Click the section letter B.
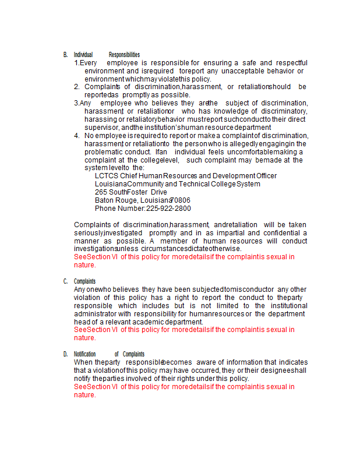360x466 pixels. coord(65,55)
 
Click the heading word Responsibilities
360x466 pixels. coord(124,55)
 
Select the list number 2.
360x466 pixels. coord(77,87)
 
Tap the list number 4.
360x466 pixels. coord(77,136)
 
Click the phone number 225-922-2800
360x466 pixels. coord(168,209)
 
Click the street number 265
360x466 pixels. coord(101,192)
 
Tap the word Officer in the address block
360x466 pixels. coord(266,176)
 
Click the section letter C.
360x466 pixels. coord(65,281)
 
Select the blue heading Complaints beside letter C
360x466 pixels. coord(85,281)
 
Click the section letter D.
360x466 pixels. coord(65,354)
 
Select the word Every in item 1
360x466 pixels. coord(88,63)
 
